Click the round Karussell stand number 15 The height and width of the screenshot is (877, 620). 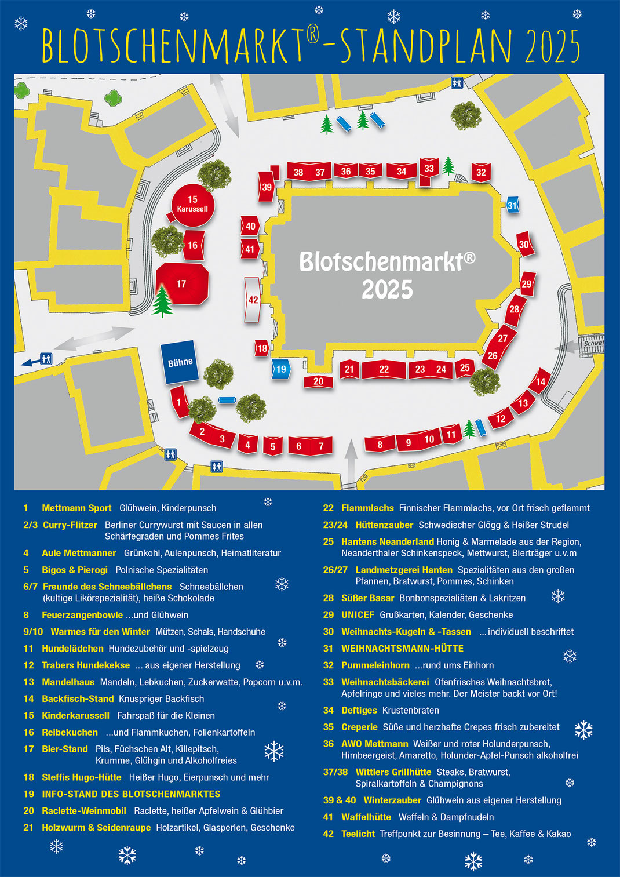pyautogui.click(x=193, y=203)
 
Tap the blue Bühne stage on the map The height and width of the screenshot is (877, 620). pyautogui.click(x=180, y=362)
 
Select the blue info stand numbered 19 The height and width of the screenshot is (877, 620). pyautogui.click(x=280, y=369)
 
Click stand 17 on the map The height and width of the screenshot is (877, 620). pyautogui.click(x=182, y=283)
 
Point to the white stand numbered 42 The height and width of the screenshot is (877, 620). pyautogui.click(x=253, y=300)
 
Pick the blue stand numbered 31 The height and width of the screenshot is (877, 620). pyautogui.click(x=512, y=205)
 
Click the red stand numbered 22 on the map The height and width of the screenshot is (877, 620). pyautogui.click(x=384, y=369)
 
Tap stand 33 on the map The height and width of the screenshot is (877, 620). pyautogui.click(x=428, y=169)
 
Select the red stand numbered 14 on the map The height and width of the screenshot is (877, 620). pyautogui.click(x=540, y=381)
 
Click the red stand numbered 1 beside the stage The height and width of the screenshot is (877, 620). pyautogui.click(x=179, y=402)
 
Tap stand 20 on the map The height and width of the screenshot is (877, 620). pyautogui.click(x=318, y=381)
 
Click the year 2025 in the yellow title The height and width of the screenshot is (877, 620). pyautogui.click(x=552, y=46)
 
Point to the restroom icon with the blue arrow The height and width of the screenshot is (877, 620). pyautogui.click(x=46, y=359)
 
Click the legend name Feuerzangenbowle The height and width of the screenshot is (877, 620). pyautogui.click(x=82, y=615)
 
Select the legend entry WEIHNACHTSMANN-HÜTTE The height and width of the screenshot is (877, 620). pyautogui.click(x=402, y=649)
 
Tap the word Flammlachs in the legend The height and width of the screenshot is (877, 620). pyautogui.click(x=367, y=508)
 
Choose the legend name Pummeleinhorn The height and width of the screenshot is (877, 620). pyautogui.click(x=375, y=665)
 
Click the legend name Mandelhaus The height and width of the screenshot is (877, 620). pyautogui.click(x=68, y=682)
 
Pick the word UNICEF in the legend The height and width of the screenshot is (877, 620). pyautogui.click(x=358, y=615)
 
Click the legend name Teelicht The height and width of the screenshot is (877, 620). pyautogui.click(x=358, y=834)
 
